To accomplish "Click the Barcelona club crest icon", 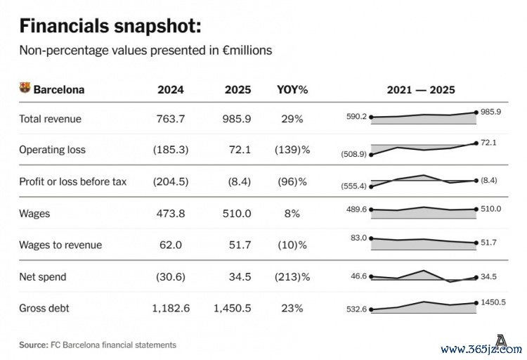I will coord(25,89).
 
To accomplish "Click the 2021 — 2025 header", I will coord(421,90).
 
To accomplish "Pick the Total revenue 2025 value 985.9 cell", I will coord(239,120).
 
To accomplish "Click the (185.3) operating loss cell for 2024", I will coord(169,150).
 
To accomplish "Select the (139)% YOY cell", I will coord(292,150).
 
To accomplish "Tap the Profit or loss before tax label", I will coord(72,181).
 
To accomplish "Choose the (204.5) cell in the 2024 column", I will coord(169,181).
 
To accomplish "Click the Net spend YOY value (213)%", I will coord(292,277).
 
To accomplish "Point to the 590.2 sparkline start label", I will coord(356,117).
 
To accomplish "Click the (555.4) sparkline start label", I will coord(353,186).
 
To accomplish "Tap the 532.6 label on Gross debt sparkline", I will coord(356,310).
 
